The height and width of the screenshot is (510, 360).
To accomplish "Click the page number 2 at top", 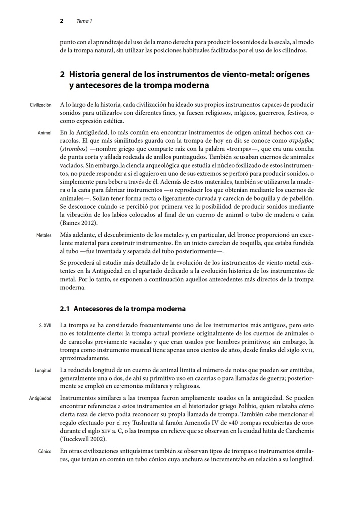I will (x=61, y=21).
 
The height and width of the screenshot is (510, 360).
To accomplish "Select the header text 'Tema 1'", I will (x=84, y=21).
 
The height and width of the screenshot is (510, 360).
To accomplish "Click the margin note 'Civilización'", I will (x=40, y=105).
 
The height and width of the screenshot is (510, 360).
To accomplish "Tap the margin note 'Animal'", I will (x=44, y=133).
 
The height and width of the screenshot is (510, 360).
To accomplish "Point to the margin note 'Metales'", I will (x=44, y=235).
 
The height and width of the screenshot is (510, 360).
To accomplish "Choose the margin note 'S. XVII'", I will (x=45, y=325).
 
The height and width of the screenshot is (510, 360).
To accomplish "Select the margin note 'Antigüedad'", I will (x=40, y=398).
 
